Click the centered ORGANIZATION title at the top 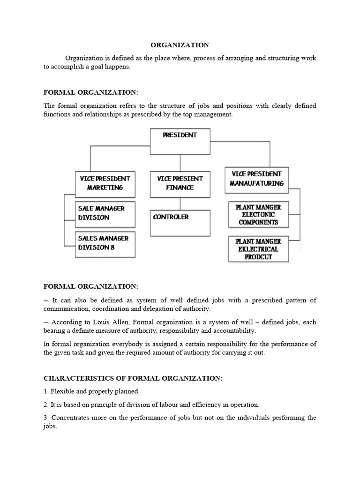pyautogui.click(x=180, y=45)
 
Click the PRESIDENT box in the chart pyautogui.click(x=180, y=141)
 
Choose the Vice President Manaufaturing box pyautogui.click(x=256, y=179)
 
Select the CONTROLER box pyautogui.click(x=180, y=222)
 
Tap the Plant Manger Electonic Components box pyautogui.click(x=258, y=214)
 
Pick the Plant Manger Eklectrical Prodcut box pyautogui.click(x=258, y=249)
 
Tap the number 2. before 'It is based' pyautogui.click(x=46, y=404)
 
